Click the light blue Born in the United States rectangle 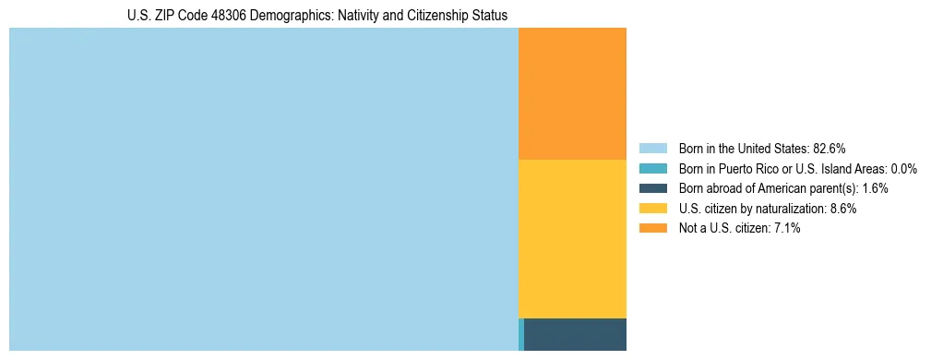tap(263, 189)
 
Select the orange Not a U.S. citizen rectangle tap(572, 93)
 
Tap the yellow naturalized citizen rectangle tap(572, 238)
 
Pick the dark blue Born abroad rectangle tap(575, 334)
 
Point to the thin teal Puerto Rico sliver tap(521, 334)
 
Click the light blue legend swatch tap(652, 148)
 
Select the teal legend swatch tap(652, 168)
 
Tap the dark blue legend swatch tap(652, 188)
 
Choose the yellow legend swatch tap(652, 209)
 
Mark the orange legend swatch tap(652, 229)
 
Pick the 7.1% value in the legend tap(786, 229)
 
